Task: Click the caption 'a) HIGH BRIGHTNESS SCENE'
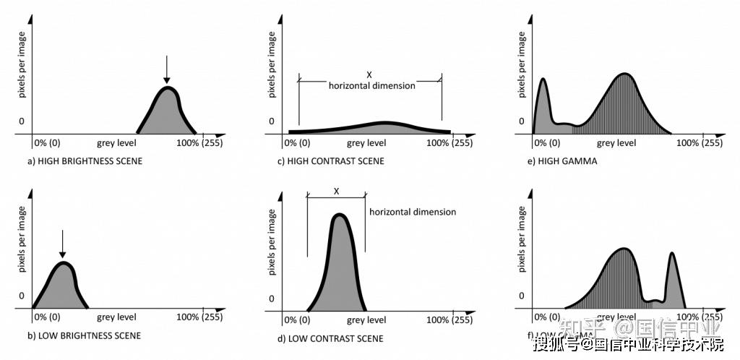click(85, 161)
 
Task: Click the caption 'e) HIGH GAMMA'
click(562, 161)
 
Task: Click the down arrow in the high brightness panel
click(166, 70)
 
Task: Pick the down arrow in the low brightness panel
click(62, 244)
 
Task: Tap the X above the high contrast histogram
click(369, 74)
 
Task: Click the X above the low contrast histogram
click(336, 192)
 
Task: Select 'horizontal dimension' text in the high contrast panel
click(371, 85)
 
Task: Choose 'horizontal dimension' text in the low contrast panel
click(413, 212)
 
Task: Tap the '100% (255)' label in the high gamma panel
click(699, 142)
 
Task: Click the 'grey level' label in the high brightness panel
click(116, 142)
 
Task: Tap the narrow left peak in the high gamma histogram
click(543, 105)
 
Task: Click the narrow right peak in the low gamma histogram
click(673, 278)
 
